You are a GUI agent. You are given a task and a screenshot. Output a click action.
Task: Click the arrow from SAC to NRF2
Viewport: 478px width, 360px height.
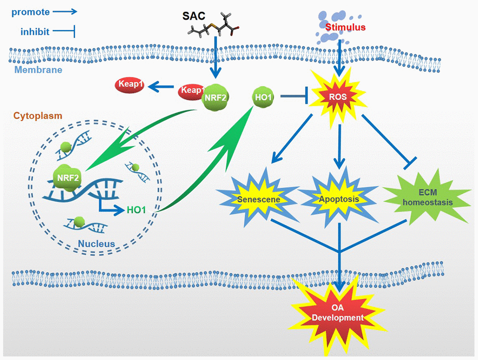tap(215, 59)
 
